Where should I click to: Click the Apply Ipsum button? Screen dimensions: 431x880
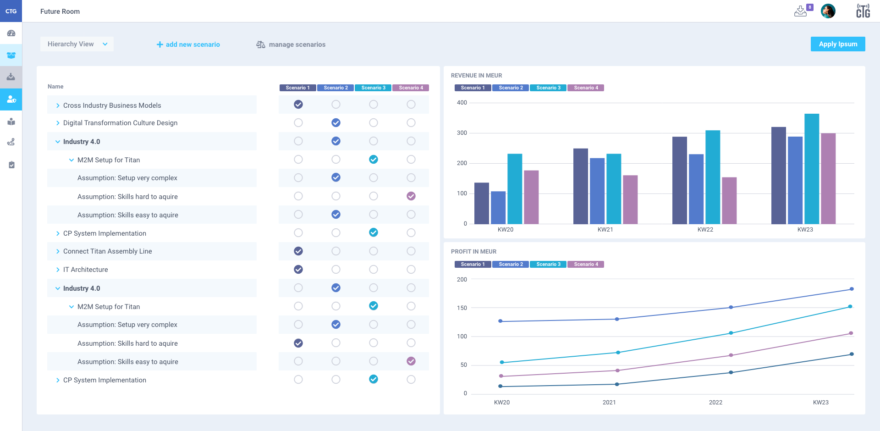(837, 44)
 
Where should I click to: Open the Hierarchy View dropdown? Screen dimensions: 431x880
(77, 44)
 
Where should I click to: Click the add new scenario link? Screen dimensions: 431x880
(188, 44)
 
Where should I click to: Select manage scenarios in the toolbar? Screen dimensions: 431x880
(291, 44)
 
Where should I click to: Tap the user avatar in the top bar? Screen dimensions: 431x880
(828, 11)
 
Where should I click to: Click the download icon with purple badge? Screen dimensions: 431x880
(801, 11)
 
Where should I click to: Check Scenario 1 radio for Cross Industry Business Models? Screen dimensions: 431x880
(298, 105)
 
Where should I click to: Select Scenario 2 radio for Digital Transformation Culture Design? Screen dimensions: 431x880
(336, 123)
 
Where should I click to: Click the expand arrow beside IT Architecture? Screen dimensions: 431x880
(58, 270)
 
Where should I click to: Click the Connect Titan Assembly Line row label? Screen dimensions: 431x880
(107, 251)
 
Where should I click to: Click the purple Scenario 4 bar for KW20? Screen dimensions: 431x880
(531, 197)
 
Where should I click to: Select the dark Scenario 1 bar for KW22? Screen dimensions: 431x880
(679, 180)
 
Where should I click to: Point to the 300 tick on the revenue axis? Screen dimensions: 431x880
(462, 133)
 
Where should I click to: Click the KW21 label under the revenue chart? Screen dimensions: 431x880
(605, 230)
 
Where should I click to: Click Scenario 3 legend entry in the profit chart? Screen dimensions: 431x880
(548, 264)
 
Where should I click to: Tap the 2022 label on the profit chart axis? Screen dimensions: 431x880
(715, 403)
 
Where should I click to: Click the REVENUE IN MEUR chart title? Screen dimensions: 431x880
(476, 76)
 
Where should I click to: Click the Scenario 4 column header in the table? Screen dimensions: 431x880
(411, 88)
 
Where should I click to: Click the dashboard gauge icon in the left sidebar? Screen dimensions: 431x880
(11, 33)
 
